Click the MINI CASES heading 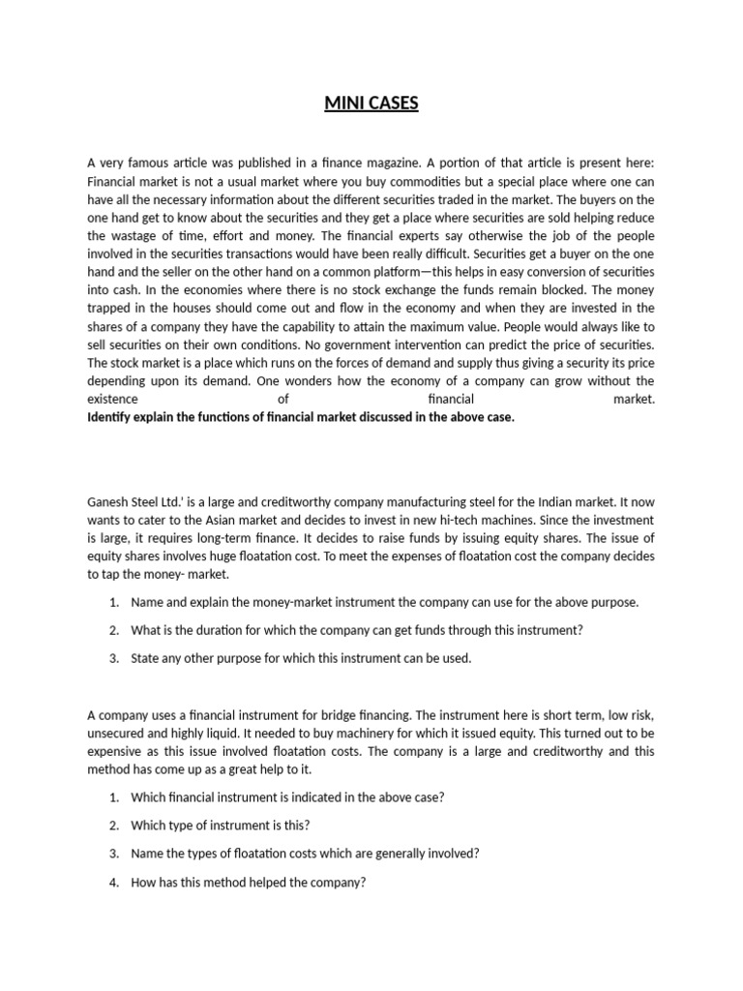[x=371, y=103]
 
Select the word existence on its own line [x=112, y=399]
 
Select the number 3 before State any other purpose [x=113, y=658]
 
